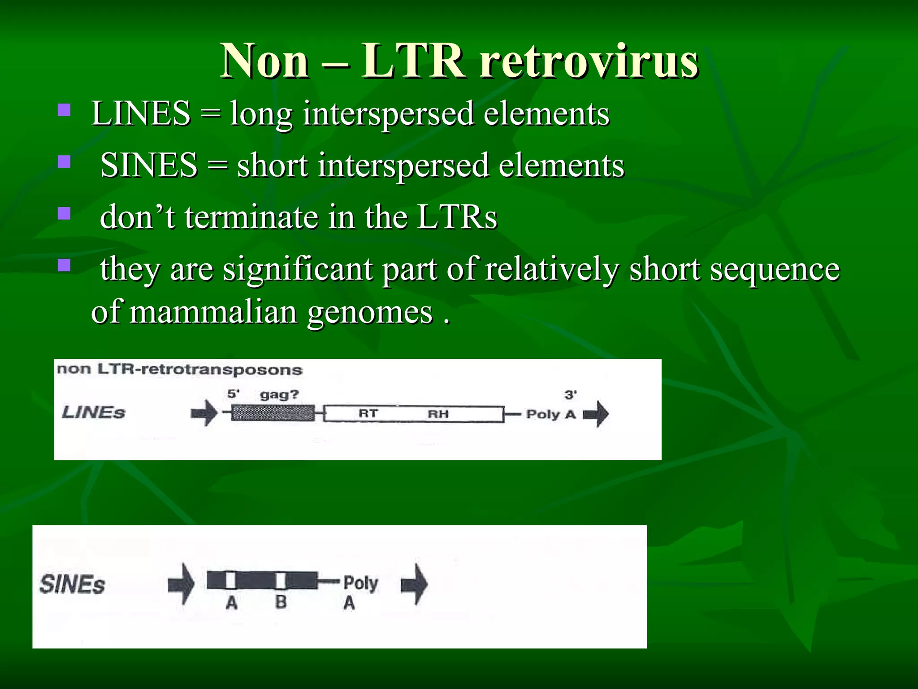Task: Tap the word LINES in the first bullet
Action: (141, 113)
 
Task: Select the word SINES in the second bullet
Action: (149, 165)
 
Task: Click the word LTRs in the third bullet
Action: (457, 217)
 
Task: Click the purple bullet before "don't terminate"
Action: (65, 213)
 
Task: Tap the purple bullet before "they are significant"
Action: (65, 265)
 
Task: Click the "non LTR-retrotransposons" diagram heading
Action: (180, 370)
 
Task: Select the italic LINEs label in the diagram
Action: (93, 412)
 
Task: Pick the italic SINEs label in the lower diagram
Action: (72, 585)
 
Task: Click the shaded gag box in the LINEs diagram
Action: (273, 413)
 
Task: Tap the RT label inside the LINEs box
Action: (368, 413)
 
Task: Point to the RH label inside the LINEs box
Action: (437, 414)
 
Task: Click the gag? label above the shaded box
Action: (279, 395)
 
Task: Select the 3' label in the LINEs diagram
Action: (570, 395)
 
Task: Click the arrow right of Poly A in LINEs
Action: (596, 414)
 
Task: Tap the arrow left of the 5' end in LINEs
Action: (204, 413)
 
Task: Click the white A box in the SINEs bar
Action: (231, 580)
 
